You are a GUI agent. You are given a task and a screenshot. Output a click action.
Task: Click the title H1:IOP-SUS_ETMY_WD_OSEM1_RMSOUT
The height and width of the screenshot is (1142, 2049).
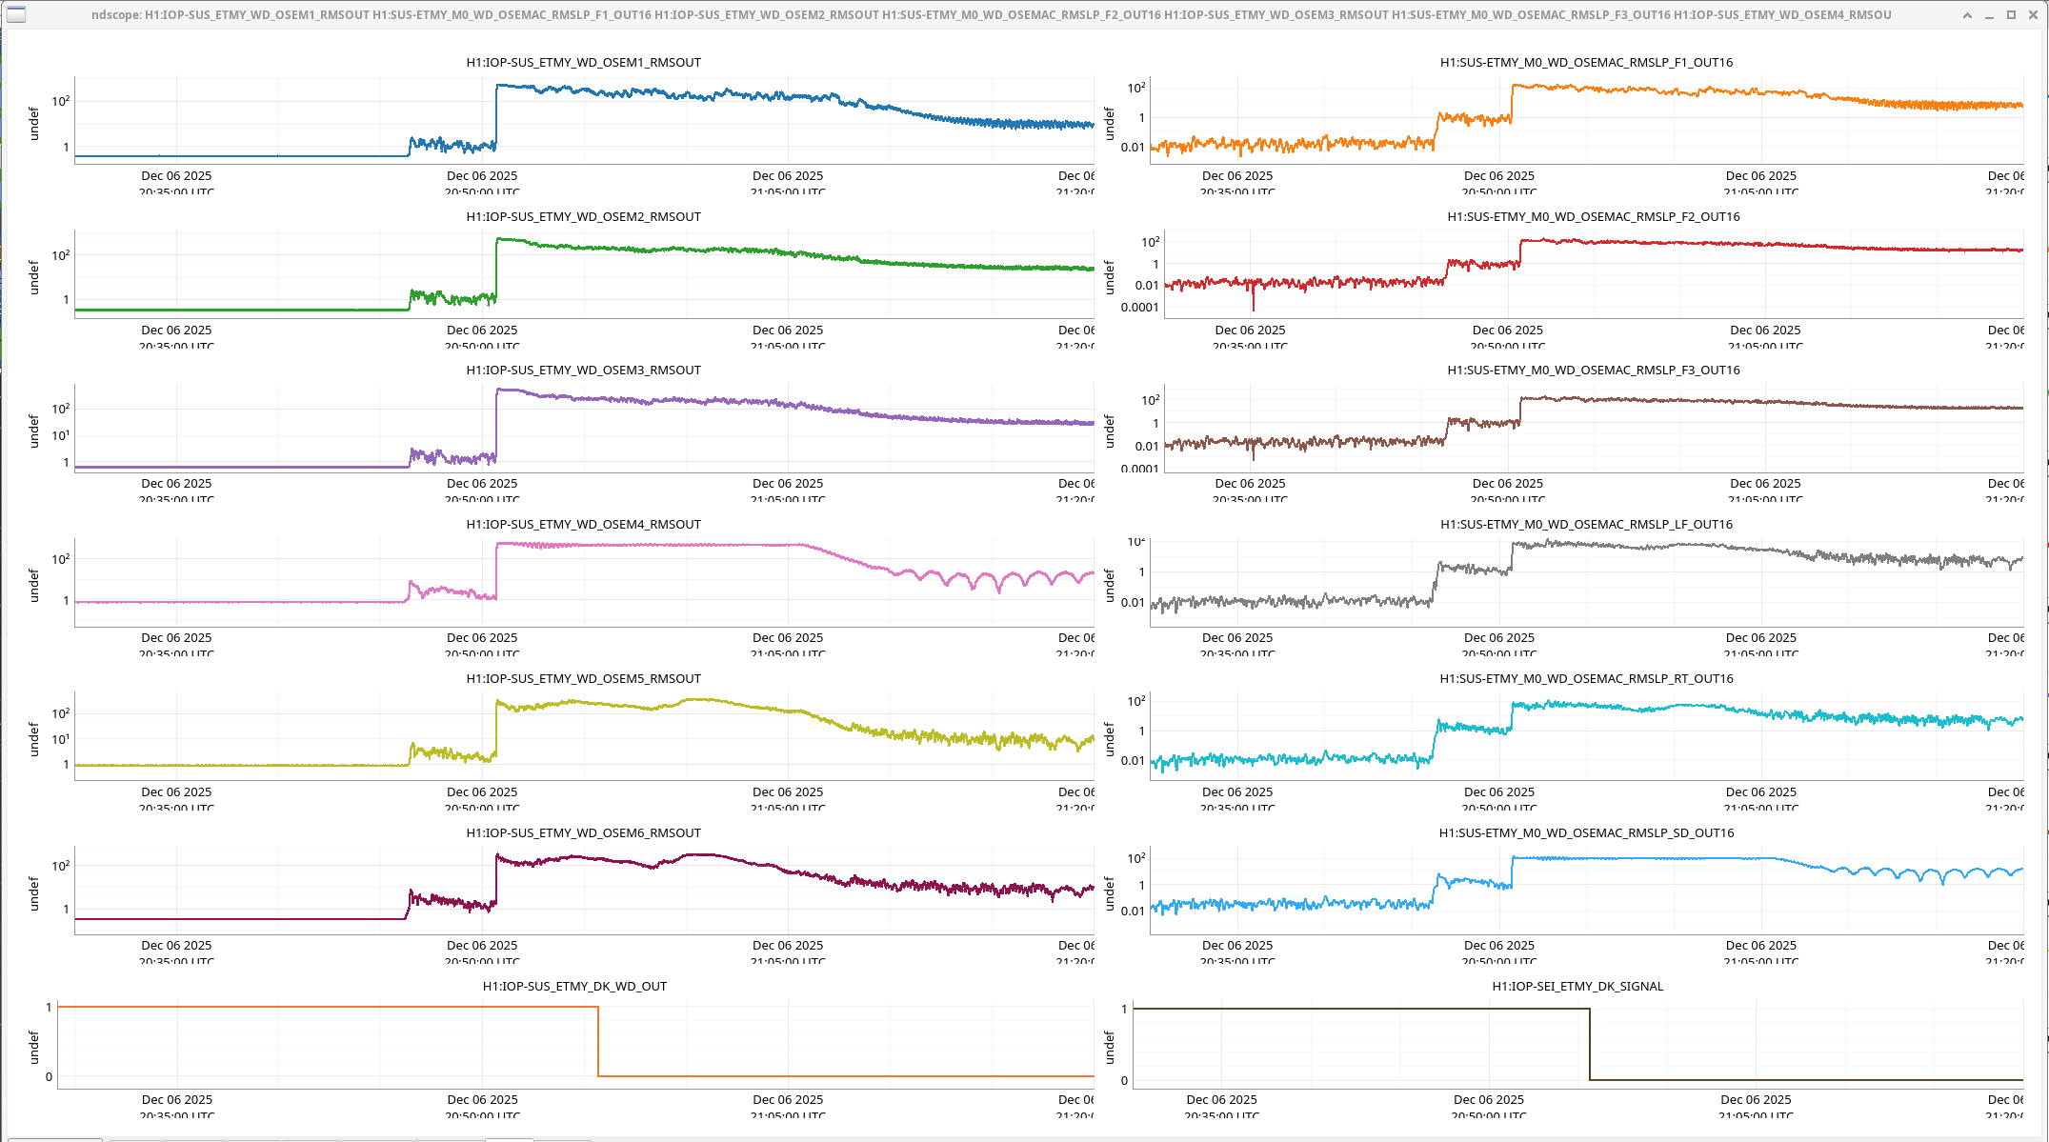tap(583, 63)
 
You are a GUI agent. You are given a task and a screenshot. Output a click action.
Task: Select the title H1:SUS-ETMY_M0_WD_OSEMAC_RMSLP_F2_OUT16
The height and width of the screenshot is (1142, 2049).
tap(1593, 217)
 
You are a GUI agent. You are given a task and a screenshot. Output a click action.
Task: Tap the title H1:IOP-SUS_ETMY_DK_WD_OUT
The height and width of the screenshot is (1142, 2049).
tap(574, 987)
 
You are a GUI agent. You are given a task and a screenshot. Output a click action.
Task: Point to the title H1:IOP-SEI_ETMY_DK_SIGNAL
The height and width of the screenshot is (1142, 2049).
tap(1577, 987)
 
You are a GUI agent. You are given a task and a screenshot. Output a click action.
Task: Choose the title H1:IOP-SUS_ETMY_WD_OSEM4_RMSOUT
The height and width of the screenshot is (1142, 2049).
tap(583, 525)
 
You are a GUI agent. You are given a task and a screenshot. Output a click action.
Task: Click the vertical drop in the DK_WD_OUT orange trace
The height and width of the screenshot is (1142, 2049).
tap(598, 1041)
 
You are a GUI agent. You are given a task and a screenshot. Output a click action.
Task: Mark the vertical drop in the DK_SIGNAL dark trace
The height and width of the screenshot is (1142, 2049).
tap(1590, 1044)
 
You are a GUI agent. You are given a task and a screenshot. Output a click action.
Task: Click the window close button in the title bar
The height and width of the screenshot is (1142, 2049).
tap(2033, 15)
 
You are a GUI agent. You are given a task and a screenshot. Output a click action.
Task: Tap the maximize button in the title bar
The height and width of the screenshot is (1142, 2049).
tap(2011, 15)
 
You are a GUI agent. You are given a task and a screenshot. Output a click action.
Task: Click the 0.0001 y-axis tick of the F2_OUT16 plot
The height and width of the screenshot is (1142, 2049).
tap(1139, 308)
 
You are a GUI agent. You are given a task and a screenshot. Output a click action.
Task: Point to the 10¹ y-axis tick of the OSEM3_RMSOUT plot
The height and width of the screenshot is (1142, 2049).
tap(60, 436)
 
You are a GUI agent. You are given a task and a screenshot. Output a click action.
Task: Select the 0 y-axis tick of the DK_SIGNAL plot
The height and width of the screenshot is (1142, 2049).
tap(1124, 1081)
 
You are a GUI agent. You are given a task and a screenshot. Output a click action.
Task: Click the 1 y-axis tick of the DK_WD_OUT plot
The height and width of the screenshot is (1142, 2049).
tap(49, 1008)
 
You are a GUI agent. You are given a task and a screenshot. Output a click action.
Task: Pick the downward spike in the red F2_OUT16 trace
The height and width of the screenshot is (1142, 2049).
tap(1253, 301)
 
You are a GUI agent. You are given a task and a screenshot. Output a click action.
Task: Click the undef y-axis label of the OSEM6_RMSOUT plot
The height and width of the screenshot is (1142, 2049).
tap(34, 893)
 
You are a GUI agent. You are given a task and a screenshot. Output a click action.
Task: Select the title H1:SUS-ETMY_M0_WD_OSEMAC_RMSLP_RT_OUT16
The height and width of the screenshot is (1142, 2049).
tap(1586, 679)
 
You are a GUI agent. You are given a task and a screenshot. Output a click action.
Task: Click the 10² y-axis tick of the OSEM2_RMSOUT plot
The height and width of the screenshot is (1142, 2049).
tap(60, 255)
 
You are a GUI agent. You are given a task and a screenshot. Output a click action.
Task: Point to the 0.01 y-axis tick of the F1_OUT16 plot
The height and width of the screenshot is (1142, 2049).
tap(1133, 148)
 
